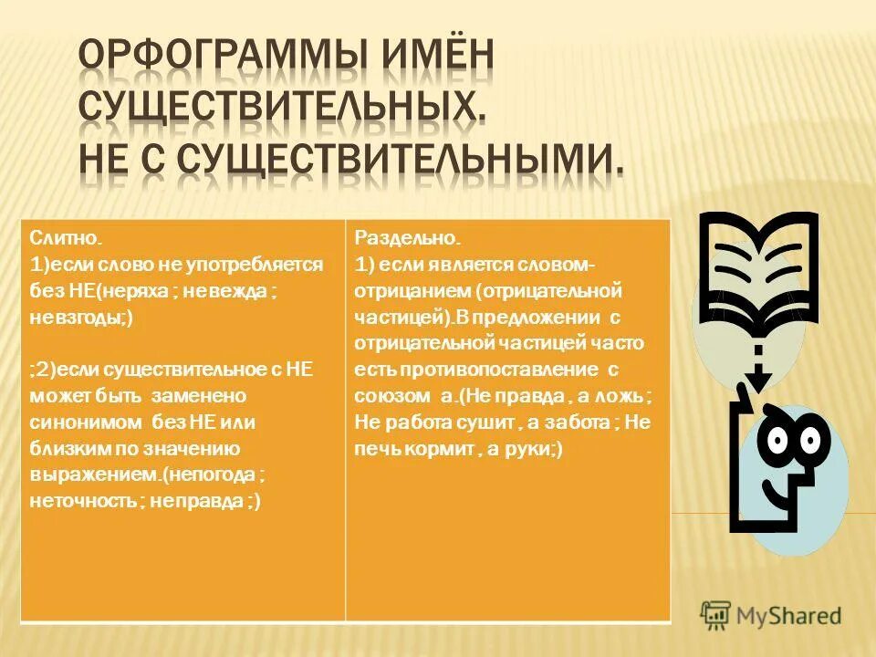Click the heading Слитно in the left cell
pyautogui.click(x=64, y=239)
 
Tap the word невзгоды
pyautogui.click(x=78, y=318)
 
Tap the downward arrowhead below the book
pyautogui.click(x=756, y=378)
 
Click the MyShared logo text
pyautogui.click(x=789, y=615)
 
